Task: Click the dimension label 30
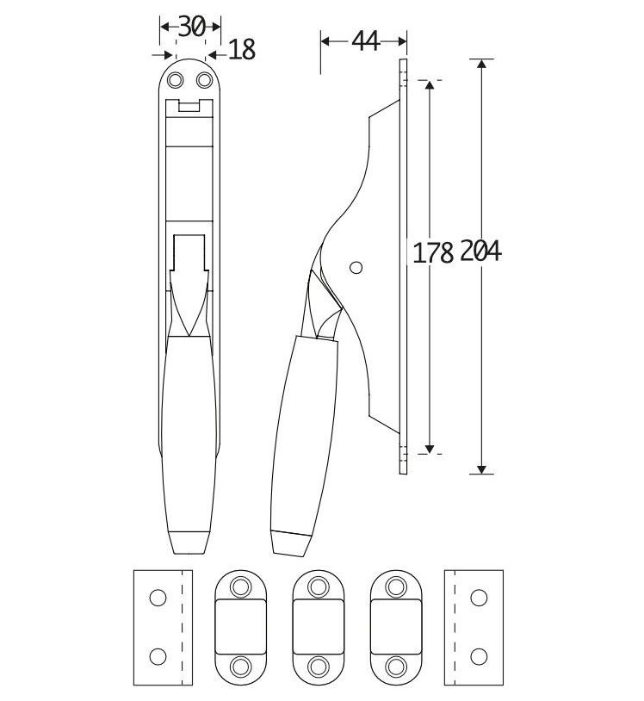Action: point(190,26)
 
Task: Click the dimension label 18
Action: point(242,51)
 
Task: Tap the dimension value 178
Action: point(433,252)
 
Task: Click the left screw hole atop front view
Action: point(176,80)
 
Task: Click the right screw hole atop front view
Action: point(205,80)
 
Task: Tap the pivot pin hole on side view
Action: point(356,267)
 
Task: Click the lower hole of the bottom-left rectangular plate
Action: point(157,656)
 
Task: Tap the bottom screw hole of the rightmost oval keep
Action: point(396,666)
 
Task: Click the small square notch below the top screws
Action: point(190,107)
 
